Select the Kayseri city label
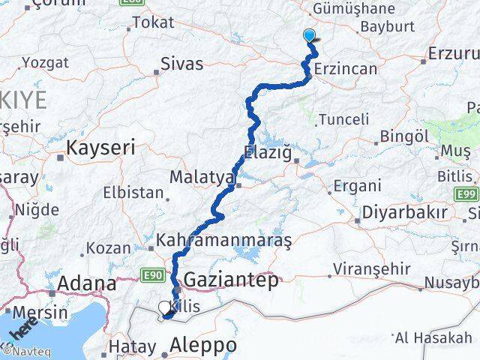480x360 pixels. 100,148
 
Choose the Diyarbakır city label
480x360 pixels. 405,212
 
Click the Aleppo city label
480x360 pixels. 203,346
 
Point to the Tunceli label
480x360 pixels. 344,119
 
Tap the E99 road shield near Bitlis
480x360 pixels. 467,195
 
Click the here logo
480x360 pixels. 24,327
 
